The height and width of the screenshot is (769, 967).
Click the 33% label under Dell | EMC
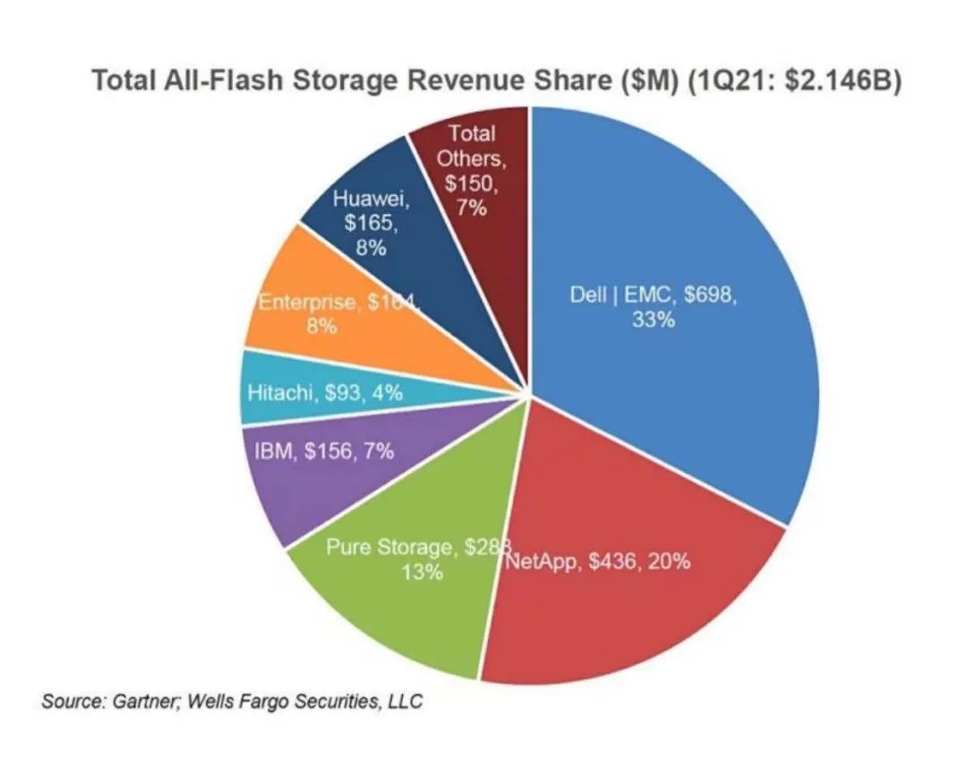(653, 320)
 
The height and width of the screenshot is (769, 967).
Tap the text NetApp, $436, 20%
(597, 562)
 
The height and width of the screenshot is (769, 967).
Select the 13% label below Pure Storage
(421, 572)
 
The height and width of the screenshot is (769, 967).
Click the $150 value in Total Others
(470, 184)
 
